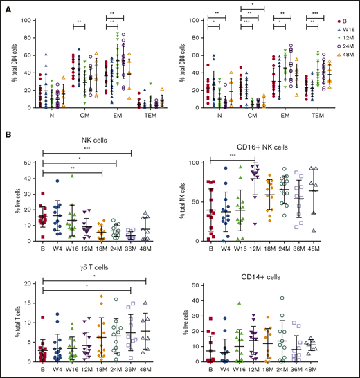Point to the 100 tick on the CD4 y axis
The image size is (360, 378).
pos(24,19)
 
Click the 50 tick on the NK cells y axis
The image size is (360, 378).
pos(26,162)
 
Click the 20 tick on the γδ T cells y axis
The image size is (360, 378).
pos(26,283)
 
